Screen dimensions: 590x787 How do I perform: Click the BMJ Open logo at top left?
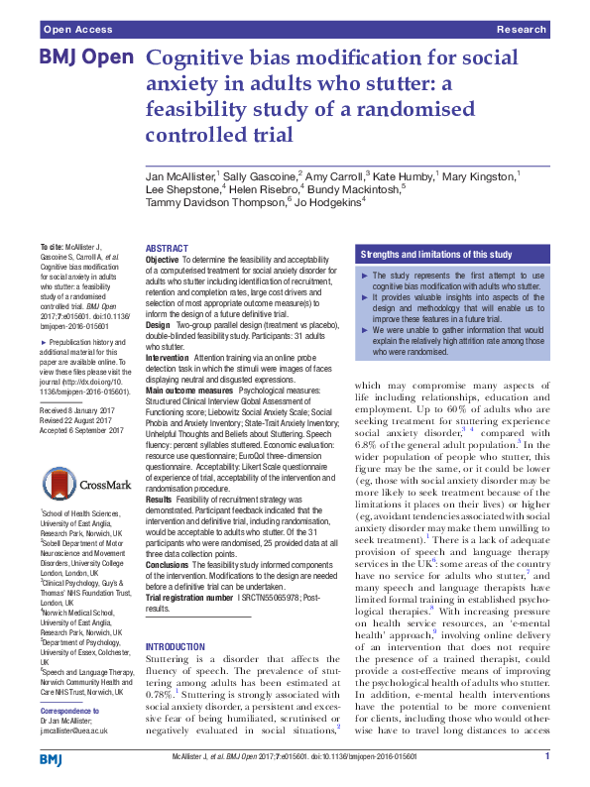[x=83, y=57]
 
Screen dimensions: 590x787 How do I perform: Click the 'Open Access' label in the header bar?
[x=70, y=31]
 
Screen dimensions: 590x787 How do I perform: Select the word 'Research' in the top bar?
[x=523, y=31]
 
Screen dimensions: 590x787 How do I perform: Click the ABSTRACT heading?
[x=166, y=248]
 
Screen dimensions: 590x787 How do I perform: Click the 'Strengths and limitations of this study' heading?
[x=435, y=254]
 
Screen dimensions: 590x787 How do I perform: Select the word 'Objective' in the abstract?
[x=163, y=259]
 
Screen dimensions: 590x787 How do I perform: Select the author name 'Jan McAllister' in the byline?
[x=180, y=174]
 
